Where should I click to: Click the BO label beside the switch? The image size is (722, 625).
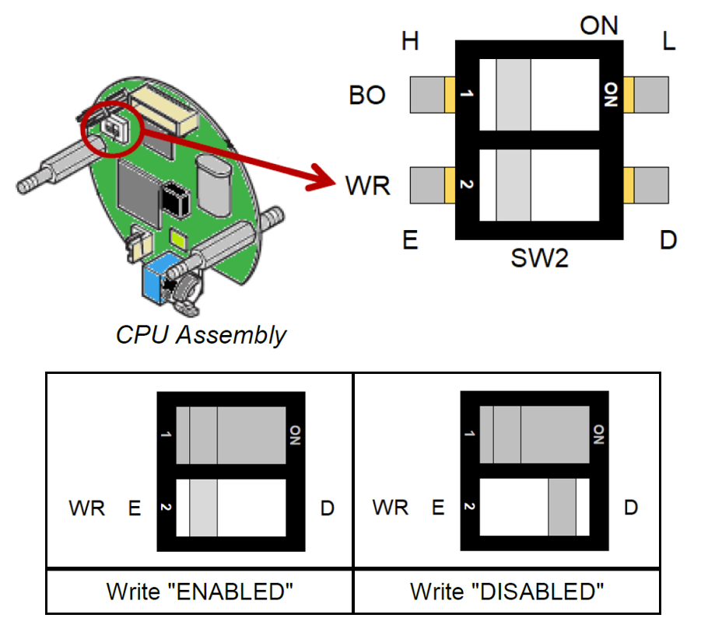pyautogui.click(x=367, y=96)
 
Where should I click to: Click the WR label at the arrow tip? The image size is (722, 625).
pyautogui.click(x=368, y=186)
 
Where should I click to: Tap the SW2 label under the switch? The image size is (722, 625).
pyautogui.click(x=540, y=258)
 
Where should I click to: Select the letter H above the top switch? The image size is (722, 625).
pyautogui.click(x=410, y=41)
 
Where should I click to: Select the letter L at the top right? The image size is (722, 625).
pyautogui.click(x=668, y=41)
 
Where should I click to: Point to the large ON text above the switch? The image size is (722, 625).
pyautogui.click(x=598, y=26)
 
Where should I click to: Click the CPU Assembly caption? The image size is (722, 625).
pyautogui.click(x=201, y=334)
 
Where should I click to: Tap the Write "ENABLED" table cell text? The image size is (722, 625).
pyautogui.click(x=199, y=592)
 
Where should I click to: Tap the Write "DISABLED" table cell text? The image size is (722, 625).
pyautogui.click(x=507, y=592)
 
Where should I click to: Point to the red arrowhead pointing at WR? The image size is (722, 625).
pyautogui.click(x=322, y=178)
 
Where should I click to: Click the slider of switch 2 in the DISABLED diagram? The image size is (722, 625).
pyautogui.click(x=563, y=507)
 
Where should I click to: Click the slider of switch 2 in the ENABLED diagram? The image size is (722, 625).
pyautogui.click(x=203, y=508)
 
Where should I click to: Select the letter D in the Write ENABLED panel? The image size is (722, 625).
pyautogui.click(x=328, y=508)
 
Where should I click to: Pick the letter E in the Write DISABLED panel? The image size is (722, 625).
pyautogui.click(x=438, y=508)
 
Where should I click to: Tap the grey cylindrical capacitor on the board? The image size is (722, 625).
pyautogui.click(x=213, y=185)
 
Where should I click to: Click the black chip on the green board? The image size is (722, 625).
pyautogui.click(x=176, y=199)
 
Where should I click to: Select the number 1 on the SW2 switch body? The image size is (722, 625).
pyautogui.click(x=467, y=94)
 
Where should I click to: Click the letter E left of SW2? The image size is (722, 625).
pyautogui.click(x=410, y=240)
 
